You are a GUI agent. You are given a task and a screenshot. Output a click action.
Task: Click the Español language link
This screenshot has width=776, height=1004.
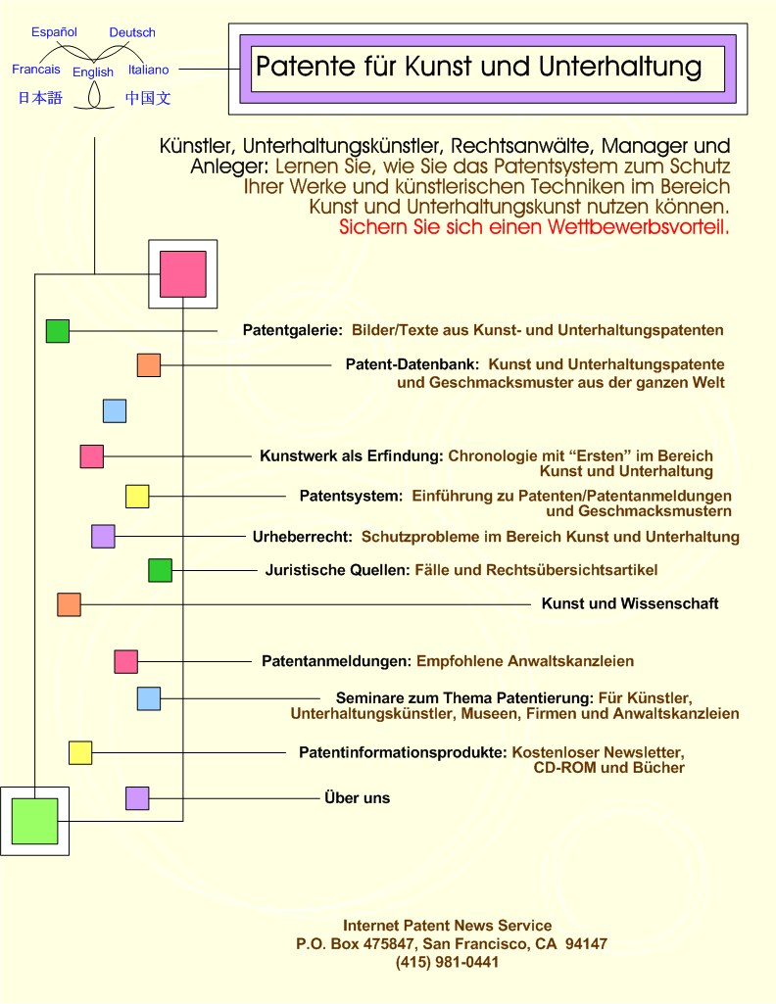pos(55,32)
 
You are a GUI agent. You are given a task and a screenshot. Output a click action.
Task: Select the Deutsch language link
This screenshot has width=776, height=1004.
pos(132,32)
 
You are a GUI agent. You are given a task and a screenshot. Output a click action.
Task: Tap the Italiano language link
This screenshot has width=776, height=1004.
pos(149,70)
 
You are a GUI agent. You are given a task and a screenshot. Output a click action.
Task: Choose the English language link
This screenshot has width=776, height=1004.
pos(93,72)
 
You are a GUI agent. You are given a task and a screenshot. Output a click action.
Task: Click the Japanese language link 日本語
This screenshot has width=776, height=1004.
pos(40,98)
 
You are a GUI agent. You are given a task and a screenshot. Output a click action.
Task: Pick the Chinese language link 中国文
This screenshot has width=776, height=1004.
pos(148,98)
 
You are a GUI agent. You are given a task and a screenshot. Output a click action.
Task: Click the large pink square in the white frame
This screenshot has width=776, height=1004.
pos(183,274)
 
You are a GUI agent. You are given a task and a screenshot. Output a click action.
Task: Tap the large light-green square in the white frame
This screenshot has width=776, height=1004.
pos(34,821)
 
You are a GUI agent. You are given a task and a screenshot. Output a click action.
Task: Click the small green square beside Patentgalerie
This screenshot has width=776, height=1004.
pos(58,331)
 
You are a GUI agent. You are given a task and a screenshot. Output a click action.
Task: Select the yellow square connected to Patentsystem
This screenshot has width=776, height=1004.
pos(137,497)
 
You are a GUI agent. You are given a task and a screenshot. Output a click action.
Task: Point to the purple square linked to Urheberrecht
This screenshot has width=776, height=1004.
pos(103,536)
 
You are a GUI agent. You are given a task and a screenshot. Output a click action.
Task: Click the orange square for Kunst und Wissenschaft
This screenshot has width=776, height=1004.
pos(70,604)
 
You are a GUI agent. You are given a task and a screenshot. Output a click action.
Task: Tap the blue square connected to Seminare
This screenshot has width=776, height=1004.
pos(149,698)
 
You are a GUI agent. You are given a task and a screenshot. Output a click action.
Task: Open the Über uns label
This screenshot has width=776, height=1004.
pos(358,798)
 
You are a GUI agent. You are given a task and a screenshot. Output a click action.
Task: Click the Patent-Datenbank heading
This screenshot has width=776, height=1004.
pos(412,364)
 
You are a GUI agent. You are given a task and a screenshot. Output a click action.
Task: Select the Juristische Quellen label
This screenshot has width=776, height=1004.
pos(337,570)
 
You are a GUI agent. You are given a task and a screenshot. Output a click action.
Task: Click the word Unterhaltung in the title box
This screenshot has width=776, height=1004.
pos(620,67)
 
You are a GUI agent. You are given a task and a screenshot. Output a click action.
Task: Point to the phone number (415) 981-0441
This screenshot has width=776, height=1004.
pos(447,962)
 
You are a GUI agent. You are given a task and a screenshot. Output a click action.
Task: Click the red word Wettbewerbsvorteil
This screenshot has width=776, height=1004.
pos(639,227)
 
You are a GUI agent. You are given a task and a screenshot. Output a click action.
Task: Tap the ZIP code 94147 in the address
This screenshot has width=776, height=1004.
pos(587,944)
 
